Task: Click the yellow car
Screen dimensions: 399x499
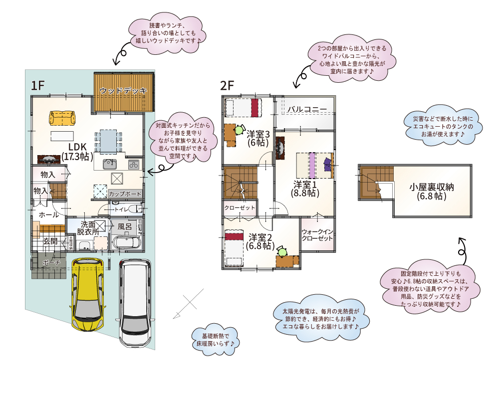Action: click(88, 294)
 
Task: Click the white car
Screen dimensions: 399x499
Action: click(135, 302)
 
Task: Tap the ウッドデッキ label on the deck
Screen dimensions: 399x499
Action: click(123, 91)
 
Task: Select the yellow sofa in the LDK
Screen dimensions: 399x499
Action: click(62, 118)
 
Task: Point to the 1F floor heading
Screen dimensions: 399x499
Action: click(38, 85)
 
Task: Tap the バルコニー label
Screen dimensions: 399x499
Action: click(306, 109)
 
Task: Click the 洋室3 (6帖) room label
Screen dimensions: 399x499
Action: click(258, 138)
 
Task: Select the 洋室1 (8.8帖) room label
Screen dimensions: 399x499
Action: click(306, 189)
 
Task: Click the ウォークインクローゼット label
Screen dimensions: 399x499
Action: click(317, 235)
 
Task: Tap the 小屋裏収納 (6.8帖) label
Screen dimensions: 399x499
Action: click(432, 192)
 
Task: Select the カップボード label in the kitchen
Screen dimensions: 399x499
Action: click(125, 194)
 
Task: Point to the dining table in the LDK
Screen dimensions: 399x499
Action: click(108, 139)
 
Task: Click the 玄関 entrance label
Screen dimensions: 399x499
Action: click(50, 241)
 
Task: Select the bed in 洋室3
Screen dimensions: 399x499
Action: click(244, 108)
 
